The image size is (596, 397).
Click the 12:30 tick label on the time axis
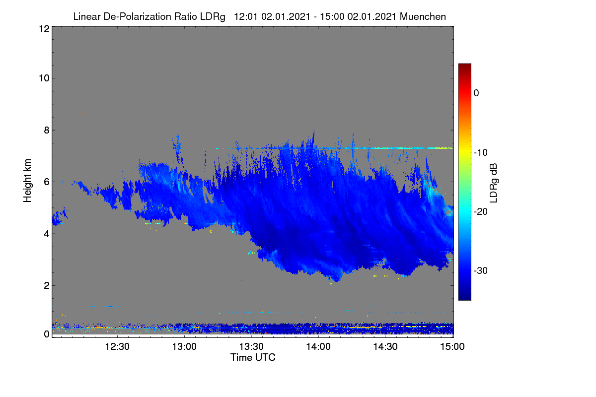click(117, 347)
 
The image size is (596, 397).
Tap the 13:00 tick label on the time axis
click(184, 347)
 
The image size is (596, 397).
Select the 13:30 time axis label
click(251, 347)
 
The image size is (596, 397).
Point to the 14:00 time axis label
click(318, 347)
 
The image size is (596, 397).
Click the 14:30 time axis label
click(385, 347)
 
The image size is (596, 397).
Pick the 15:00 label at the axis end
click(452, 347)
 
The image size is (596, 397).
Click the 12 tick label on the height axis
click(44, 29)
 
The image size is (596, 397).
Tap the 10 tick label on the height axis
click(44, 78)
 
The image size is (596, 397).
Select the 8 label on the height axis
click(47, 131)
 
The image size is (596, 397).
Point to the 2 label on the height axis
click(47, 286)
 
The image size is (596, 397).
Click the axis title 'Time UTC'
click(253, 357)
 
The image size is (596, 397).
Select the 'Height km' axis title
click(27, 181)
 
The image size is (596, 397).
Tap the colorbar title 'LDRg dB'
click(493, 183)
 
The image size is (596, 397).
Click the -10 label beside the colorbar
click(481, 153)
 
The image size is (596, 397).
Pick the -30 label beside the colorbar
click(481, 270)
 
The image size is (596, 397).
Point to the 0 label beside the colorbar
click(476, 93)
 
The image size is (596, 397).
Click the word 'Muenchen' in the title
click(423, 17)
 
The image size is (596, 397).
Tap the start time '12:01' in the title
click(246, 17)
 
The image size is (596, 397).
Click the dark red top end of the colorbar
click(464, 65)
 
